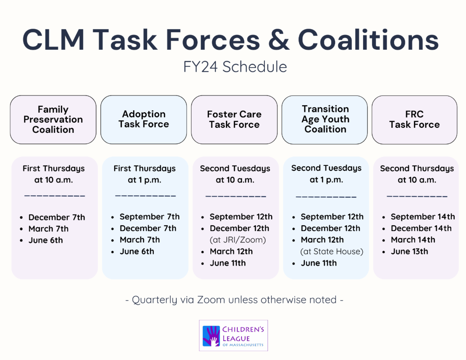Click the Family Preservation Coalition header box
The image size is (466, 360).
(53, 120)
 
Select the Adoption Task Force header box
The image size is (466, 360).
(144, 120)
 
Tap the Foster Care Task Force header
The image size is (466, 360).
(234, 120)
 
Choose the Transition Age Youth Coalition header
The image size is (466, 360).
(325, 119)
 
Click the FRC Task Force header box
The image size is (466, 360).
(414, 120)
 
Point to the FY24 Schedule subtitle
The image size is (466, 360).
(235, 67)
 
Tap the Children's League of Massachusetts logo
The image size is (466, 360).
(233, 336)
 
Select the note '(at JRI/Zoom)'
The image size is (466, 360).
(238, 240)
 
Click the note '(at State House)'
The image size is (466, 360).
(332, 251)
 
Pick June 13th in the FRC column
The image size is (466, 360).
(409, 251)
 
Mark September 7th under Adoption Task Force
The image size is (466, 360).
(150, 217)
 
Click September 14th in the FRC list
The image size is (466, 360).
(423, 217)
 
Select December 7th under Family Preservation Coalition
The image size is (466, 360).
(57, 217)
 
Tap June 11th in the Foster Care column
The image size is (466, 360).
(228, 263)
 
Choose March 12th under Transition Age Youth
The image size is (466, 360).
(322, 240)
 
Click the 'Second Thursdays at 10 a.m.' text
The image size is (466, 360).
(417, 174)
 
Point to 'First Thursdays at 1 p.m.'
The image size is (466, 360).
(144, 174)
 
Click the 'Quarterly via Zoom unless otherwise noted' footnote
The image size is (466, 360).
(234, 300)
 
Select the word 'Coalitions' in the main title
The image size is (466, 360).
(368, 40)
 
